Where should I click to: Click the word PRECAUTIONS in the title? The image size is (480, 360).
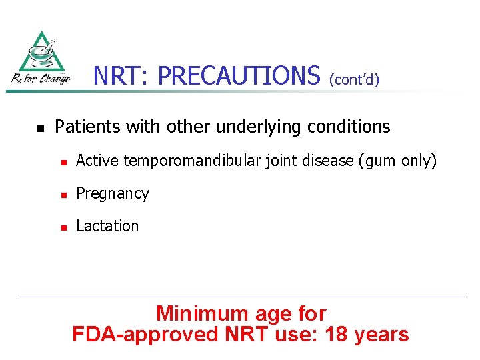pyautogui.click(x=239, y=76)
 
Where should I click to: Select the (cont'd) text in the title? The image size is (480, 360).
pyautogui.click(x=354, y=80)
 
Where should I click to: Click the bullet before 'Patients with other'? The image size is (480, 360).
pyautogui.click(x=40, y=127)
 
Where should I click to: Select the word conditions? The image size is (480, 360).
pyautogui.click(x=353, y=127)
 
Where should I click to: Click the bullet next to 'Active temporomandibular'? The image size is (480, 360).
pyautogui.click(x=63, y=161)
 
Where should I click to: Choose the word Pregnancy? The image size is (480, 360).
pyautogui.click(x=113, y=194)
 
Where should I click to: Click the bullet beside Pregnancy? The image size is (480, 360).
pyautogui.click(x=63, y=195)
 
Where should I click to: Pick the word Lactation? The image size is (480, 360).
pyautogui.click(x=107, y=226)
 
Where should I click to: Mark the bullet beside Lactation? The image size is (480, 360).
pyautogui.click(x=63, y=227)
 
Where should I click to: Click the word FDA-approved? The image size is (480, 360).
pyautogui.click(x=145, y=334)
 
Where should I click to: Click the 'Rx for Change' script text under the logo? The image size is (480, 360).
pyautogui.click(x=41, y=79)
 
